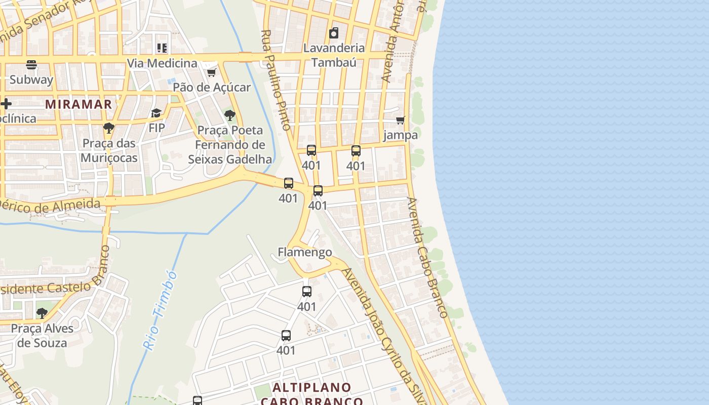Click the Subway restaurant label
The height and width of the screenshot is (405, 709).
click(x=31, y=79)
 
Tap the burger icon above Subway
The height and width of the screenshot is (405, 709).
click(x=31, y=65)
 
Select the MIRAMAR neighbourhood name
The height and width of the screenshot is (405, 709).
click(x=78, y=104)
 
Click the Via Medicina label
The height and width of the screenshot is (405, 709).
click(x=162, y=63)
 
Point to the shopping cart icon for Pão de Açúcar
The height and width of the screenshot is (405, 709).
click(x=212, y=73)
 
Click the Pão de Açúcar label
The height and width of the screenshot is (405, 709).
click(x=212, y=87)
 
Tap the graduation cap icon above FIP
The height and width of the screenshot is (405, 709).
click(x=156, y=113)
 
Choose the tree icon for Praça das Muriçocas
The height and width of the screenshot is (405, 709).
click(x=108, y=128)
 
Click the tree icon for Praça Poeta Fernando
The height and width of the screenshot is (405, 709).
click(x=230, y=115)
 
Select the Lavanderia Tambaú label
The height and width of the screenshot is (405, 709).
click(x=334, y=55)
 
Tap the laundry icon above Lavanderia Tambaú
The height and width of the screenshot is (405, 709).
click(x=334, y=33)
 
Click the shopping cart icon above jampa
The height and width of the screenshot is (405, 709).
click(x=401, y=120)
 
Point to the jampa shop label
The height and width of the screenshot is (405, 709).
click(x=401, y=135)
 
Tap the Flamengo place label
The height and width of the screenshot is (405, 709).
click(x=305, y=252)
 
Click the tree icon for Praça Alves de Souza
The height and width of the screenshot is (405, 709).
click(x=42, y=313)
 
